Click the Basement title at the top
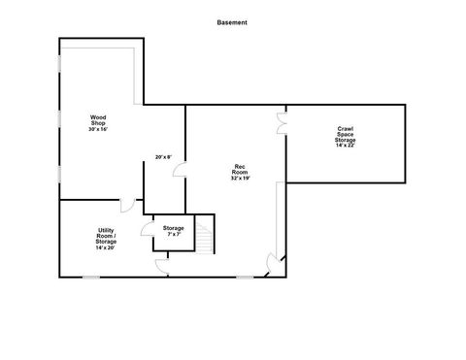[232, 20]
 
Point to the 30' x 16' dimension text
[98, 130]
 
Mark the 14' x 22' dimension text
[345, 145]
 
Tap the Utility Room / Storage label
[106, 235]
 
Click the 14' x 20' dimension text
[106, 247]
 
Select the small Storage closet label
[174, 228]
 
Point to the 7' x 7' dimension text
[174, 235]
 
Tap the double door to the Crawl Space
[282, 123]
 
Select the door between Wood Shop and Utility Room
[126, 204]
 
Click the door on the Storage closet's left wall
[148, 230]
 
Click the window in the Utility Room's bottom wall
[89, 277]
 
